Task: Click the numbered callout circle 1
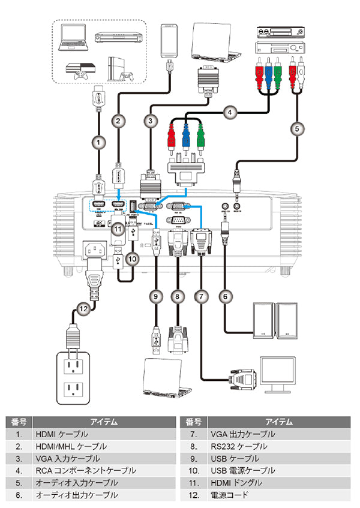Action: tap(96, 142)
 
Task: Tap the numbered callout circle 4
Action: tap(228, 111)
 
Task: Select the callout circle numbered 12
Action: tap(83, 309)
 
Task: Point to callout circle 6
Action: tap(226, 295)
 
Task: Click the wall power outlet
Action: tap(73, 378)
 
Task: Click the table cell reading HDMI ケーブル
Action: tap(62, 434)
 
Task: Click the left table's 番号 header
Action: tap(19, 421)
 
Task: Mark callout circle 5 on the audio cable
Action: tap(295, 128)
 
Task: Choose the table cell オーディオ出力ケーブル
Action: tap(76, 495)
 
